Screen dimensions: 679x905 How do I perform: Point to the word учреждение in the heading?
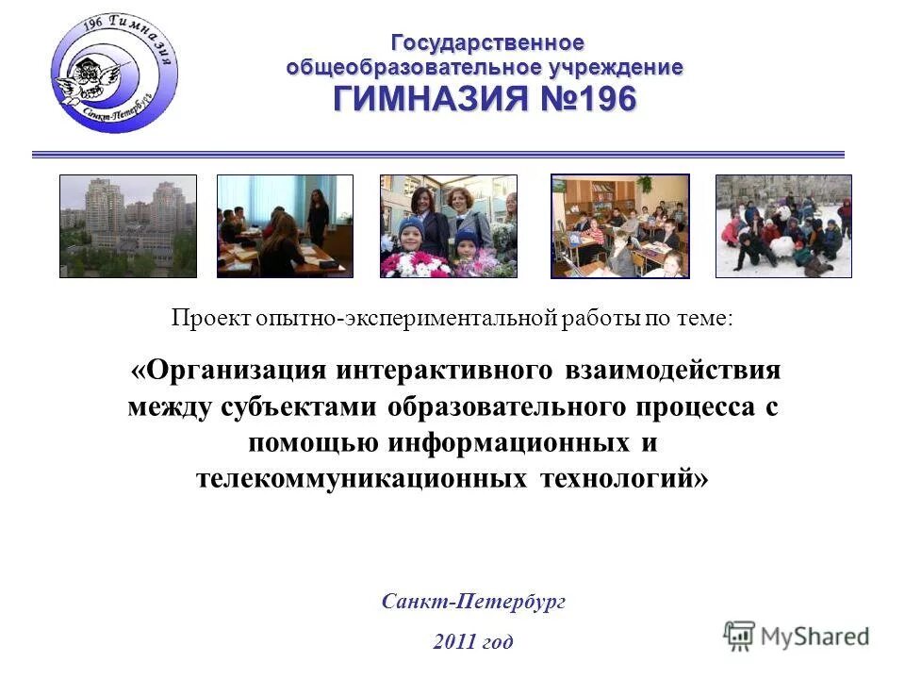click(613, 68)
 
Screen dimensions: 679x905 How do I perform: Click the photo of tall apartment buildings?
click(128, 226)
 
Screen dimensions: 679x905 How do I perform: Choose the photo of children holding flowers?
click(448, 226)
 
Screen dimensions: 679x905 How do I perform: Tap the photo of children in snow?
click(783, 226)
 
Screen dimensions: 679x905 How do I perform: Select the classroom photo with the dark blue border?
click(619, 226)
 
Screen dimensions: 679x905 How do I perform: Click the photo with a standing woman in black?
click(285, 226)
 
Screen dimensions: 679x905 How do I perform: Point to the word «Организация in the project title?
click(229, 369)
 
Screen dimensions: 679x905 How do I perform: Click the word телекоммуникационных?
click(360, 478)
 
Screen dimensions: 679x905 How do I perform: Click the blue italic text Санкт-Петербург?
click(473, 602)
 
